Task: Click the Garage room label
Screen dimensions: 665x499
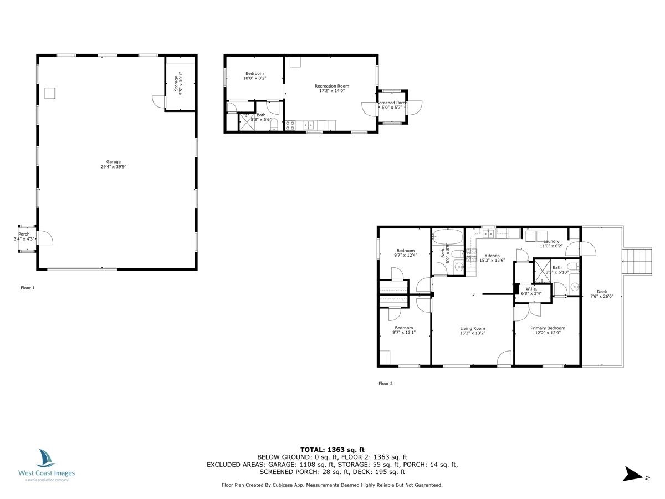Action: [x=113, y=164]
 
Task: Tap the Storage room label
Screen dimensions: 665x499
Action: [x=178, y=83]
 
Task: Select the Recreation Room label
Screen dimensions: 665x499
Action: [x=332, y=89]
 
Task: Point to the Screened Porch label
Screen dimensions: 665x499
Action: [x=392, y=105]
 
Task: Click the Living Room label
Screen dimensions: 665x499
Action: [x=472, y=331]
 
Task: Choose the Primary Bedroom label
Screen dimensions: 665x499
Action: [x=548, y=330]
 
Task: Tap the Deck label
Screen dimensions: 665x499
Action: [x=602, y=294]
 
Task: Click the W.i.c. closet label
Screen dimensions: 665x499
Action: [x=531, y=291]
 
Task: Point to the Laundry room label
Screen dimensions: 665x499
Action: [x=551, y=243]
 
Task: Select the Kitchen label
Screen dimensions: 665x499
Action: [x=492, y=258]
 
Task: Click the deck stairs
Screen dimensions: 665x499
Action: [x=637, y=262]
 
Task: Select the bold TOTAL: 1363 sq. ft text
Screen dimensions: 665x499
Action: [x=332, y=450]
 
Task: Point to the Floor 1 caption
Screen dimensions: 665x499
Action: [x=28, y=288]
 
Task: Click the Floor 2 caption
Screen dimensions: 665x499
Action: [x=385, y=383]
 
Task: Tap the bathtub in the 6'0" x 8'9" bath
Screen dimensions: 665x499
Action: [x=448, y=237]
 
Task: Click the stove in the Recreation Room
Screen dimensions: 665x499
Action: [x=290, y=125]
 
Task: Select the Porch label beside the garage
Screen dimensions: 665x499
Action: [x=24, y=236]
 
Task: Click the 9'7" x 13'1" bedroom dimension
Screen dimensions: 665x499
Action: [x=404, y=332]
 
